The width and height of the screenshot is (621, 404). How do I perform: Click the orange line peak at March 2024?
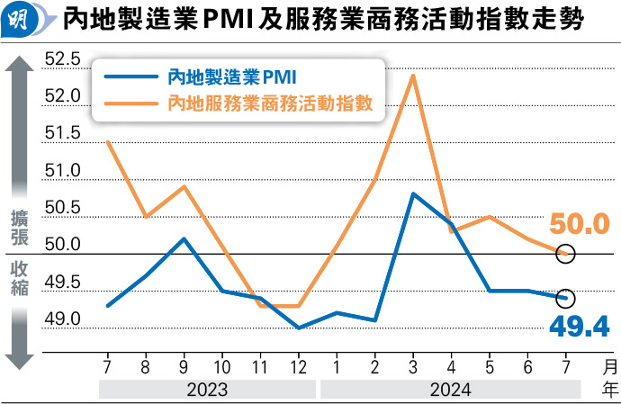click(x=412, y=75)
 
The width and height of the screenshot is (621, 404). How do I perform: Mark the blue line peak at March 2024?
click(x=412, y=193)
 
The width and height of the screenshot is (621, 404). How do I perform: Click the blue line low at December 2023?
click(x=298, y=328)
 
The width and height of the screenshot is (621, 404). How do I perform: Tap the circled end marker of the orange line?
click(x=565, y=254)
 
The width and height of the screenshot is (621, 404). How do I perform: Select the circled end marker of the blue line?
click(x=565, y=298)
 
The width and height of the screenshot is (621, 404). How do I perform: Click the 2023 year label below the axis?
click(x=207, y=391)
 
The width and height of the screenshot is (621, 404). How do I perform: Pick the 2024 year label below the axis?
click(x=450, y=391)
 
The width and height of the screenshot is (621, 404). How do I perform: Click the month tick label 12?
click(x=298, y=367)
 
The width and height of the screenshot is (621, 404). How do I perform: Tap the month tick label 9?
click(x=184, y=367)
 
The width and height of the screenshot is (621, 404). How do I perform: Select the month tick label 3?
click(x=412, y=367)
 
